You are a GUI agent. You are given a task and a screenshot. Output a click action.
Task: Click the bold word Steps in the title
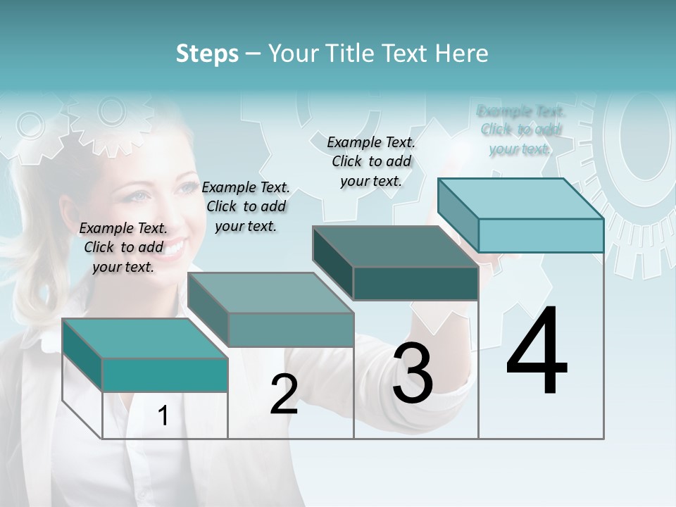pyautogui.click(x=207, y=54)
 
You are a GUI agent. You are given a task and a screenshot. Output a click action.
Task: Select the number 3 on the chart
pyautogui.click(x=413, y=373)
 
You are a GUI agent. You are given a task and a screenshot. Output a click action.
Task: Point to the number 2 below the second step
pyautogui.click(x=284, y=395)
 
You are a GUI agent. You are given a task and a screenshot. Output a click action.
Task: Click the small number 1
pyautogui.click(x=163, y=416)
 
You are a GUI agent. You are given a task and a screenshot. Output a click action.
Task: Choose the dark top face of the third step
pyautogui.click(x=395, y=246)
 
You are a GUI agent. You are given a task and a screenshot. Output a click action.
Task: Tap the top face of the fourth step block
pyautogui.click(x=520, y=199)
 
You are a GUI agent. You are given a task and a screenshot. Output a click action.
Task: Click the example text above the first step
pyautogui.click(x=123, y=247)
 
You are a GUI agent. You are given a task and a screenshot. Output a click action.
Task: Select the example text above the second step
pyautogui.click(x=246, y=206)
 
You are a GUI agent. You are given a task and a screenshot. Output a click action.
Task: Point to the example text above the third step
pyautogui.click(x=371, y=161)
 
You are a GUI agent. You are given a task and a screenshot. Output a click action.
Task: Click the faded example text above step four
pyautogui.click(x=520, y=130)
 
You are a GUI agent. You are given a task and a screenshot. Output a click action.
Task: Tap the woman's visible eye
pyautogui.click(x=138, y=196)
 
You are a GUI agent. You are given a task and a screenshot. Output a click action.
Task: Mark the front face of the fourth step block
pyautogui.click(x=541, y=235)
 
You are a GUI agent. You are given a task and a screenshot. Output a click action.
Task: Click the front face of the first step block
pyautogui.click(x=165, y=375)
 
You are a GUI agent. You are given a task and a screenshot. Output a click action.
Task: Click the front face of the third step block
pyautogui.click(x=415, y=283)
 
